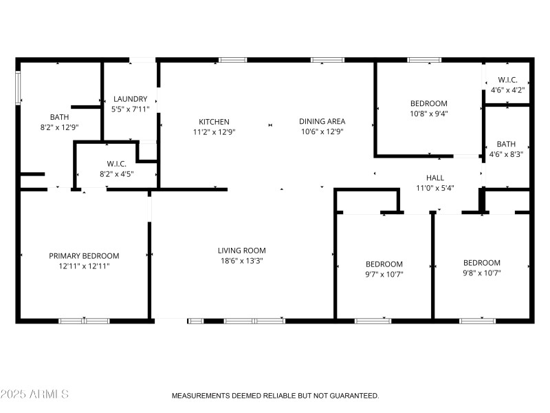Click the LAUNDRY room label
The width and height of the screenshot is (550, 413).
tap(131, 99)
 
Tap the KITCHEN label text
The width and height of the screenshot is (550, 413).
tap(214, 122)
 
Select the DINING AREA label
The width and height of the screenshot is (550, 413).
tap(322, 122)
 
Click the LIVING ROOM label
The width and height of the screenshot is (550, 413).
tap(241, 251)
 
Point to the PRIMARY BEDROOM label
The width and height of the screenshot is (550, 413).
tap(84, 255)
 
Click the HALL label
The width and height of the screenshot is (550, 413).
tap(435, 178)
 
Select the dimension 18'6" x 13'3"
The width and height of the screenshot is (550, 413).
tap(241, 261)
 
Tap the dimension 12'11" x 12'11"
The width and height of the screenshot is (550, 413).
tap(84, 266)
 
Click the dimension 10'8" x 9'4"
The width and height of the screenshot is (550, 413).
tap(428, 114)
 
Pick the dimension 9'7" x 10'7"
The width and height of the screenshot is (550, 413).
tap(384, 274)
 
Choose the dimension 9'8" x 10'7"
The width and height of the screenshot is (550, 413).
tap(481, 273)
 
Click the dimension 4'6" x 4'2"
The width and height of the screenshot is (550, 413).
tap(507, 90)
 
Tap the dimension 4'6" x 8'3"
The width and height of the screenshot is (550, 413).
tap(506, 154)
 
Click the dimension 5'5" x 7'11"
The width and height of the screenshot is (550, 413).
tap(131, 109)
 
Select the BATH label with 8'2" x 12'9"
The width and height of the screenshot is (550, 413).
tap(59, 117)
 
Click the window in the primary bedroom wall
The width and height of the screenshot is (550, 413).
tap(84, 321)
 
